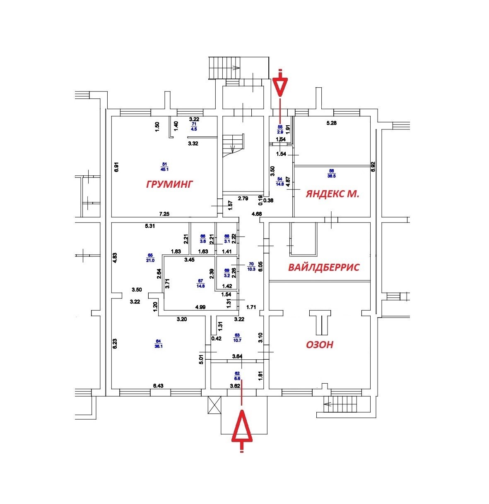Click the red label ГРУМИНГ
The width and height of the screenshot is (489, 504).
[170, 184]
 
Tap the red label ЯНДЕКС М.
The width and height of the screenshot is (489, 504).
[332, 193]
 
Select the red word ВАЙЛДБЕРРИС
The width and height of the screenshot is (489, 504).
[323, 268]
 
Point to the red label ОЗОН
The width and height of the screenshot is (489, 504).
[319, 344]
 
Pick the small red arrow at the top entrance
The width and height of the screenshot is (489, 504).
[280, 85]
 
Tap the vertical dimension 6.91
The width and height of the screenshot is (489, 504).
[117, 166]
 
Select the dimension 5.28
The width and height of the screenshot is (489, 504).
[332, 122]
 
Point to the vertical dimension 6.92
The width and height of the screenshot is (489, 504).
[373, 167]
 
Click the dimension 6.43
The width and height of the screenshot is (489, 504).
[159, 386]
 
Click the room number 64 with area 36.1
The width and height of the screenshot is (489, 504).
[158, 344]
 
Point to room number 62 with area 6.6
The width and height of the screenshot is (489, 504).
[237, 375]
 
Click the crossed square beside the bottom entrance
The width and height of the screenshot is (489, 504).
[215, 404]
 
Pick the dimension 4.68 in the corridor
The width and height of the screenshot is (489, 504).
[257, 214]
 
